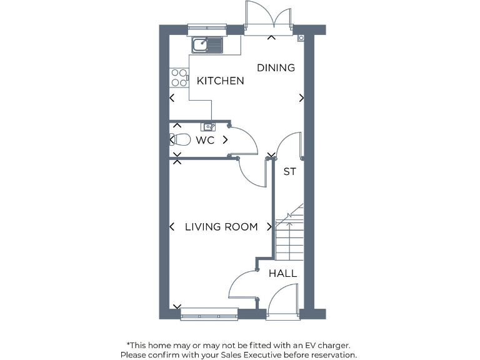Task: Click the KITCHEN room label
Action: (x=220, y=81)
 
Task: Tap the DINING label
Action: (x=276, y=67)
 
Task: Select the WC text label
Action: (x=205, y=141)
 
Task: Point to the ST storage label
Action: (x=289, y=172)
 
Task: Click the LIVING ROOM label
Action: (x=221, y=227)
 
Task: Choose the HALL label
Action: (x=282, y=274)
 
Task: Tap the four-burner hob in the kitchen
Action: (x=179, y=77)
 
